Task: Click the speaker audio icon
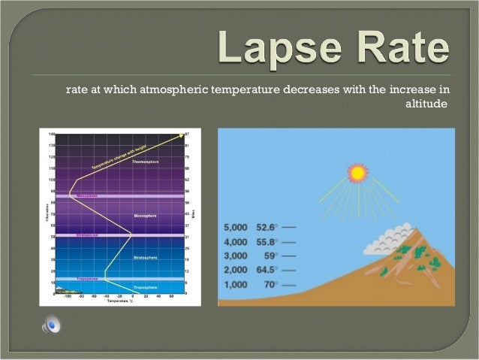53,325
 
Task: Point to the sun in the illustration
357,173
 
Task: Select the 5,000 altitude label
237,225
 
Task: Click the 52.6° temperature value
267,225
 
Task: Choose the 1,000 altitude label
237,286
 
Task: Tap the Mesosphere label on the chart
145,216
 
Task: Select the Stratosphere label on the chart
145,258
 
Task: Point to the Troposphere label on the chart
145,288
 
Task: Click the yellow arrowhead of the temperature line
182,135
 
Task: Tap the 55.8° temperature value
267,241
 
